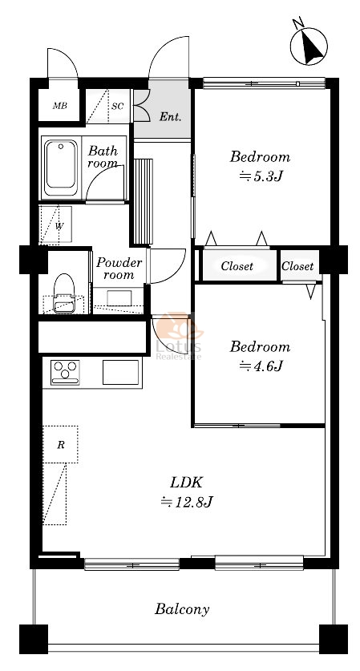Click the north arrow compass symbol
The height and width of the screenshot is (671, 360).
tap(309, 46)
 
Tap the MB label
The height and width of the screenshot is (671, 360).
tap(59, 106)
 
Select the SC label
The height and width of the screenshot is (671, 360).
tap(117, 106)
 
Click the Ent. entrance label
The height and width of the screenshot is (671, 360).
tap(170, 117)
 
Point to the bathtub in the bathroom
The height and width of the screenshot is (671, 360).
tap(61, 168)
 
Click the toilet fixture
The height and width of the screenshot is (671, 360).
tap(64, 293)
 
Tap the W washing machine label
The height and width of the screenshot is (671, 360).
tap(59, 226)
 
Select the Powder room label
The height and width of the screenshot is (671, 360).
tap(119, 269)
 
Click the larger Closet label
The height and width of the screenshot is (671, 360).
tap(237, 266)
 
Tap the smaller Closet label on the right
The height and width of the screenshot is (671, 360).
tap(297, 266)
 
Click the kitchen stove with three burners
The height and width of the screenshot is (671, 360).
tap(65, 372)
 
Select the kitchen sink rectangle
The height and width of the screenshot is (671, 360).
tap(121, 372)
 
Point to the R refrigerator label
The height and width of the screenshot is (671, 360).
tap(61, 445)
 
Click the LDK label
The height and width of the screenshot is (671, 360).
tap(186, 483)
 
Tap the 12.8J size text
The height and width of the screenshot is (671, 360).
tap(187, 501)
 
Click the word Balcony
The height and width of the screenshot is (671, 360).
tap(182, 609)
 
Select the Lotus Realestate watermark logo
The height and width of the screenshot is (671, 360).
tap(179, 336)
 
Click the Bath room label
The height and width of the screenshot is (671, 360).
tap(103, 156)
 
